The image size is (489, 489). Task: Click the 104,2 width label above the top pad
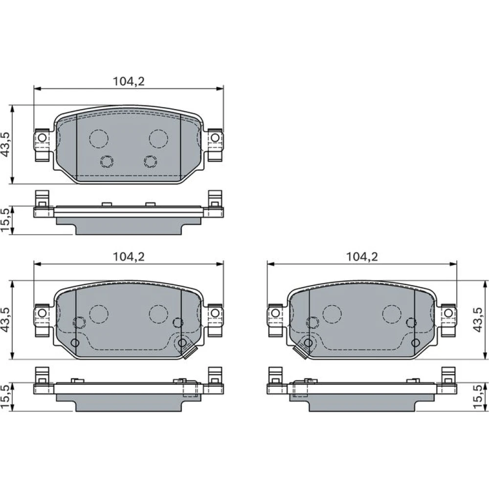(x=129, y=81)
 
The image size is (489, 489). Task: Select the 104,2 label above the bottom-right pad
(x=362, y=257)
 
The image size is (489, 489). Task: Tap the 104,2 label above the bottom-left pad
(x=129, y=257)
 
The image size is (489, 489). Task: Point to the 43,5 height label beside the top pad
(x=6, y=144)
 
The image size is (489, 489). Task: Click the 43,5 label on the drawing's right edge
(x=478, y=320)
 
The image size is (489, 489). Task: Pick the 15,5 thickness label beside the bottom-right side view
(x=478, y=397)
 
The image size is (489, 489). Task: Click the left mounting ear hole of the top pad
(x=42, y=137)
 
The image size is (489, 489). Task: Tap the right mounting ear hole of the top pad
(x=215, y=137)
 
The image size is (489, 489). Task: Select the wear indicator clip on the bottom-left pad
(x=189, y=352)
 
